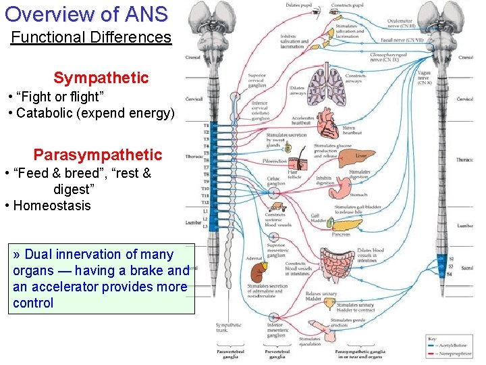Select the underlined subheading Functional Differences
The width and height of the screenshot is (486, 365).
click(x=91, y=37)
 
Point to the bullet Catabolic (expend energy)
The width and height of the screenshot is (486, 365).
click(x=94, y=112)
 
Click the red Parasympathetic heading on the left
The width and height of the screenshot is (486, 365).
click(x=98, y=155)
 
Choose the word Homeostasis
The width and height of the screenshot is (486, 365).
click(x=51, y=205)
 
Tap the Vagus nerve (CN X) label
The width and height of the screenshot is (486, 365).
click(x=425, y=77)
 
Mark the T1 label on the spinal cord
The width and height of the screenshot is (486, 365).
click(x=206, y=126)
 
